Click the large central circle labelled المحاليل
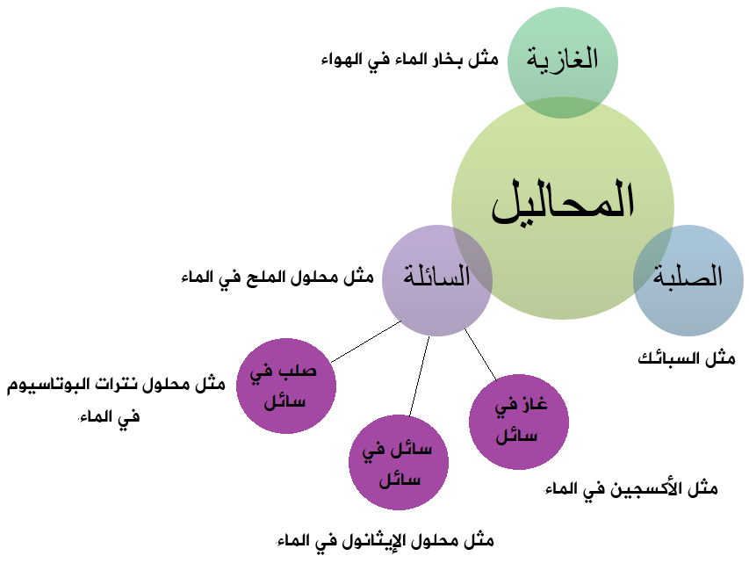pyautogui.click(x=563, y=208)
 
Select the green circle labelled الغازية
pyautogui.click(x=563, y=62)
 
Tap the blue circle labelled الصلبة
pyautogui.click(x=688, y=280)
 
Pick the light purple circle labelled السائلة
pyautogui.click(x=437, y=280)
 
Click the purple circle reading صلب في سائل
pyautogui.click(x=286, y=386)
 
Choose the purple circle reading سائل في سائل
pyautogui.click(x=399, y=463)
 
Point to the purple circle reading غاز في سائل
pyautogui.click(x=519, y=422)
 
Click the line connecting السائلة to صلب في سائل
pyautogui.click(x=366, y=342)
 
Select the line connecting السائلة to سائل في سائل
pyautogui.click(x=420, y=376)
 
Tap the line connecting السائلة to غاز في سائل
pyautogui.click(x=480, y=355)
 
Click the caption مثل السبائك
pyautogui.click(x=687, y=358)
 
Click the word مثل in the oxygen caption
pyautogui.click(x=702, y=488)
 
